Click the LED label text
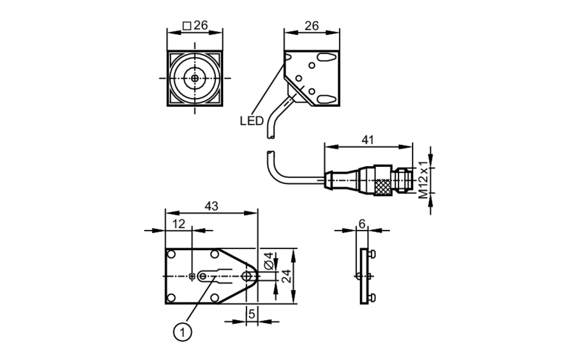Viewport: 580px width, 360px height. [251, 121]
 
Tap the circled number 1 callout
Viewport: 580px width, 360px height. [182, 332]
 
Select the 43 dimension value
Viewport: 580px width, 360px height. [211, 206]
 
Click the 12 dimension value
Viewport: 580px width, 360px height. [179, 224]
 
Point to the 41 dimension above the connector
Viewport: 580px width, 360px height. [368, 140]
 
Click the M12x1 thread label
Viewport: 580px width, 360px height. [423, 180]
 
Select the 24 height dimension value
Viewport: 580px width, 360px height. [287, 276]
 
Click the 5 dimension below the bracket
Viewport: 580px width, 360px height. [251, 314]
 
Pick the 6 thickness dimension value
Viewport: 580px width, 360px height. [362, 224]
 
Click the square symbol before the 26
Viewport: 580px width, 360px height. [187, 26]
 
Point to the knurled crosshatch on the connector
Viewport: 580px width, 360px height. [383, 187]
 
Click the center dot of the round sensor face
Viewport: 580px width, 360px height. [195, 78]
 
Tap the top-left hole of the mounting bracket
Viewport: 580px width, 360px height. [171, 254]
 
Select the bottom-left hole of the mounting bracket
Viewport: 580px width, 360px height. [171, 298]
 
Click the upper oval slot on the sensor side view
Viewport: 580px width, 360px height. [326, 57]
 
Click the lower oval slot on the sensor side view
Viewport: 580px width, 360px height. [326, 100]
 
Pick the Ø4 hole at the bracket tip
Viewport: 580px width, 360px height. [246, 276]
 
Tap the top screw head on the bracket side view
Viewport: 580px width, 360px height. [372, 254]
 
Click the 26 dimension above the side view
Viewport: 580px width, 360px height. [312, 26]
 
